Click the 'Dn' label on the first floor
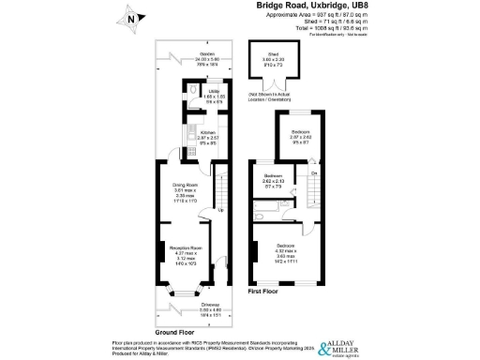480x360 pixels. (x=314, y=174)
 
